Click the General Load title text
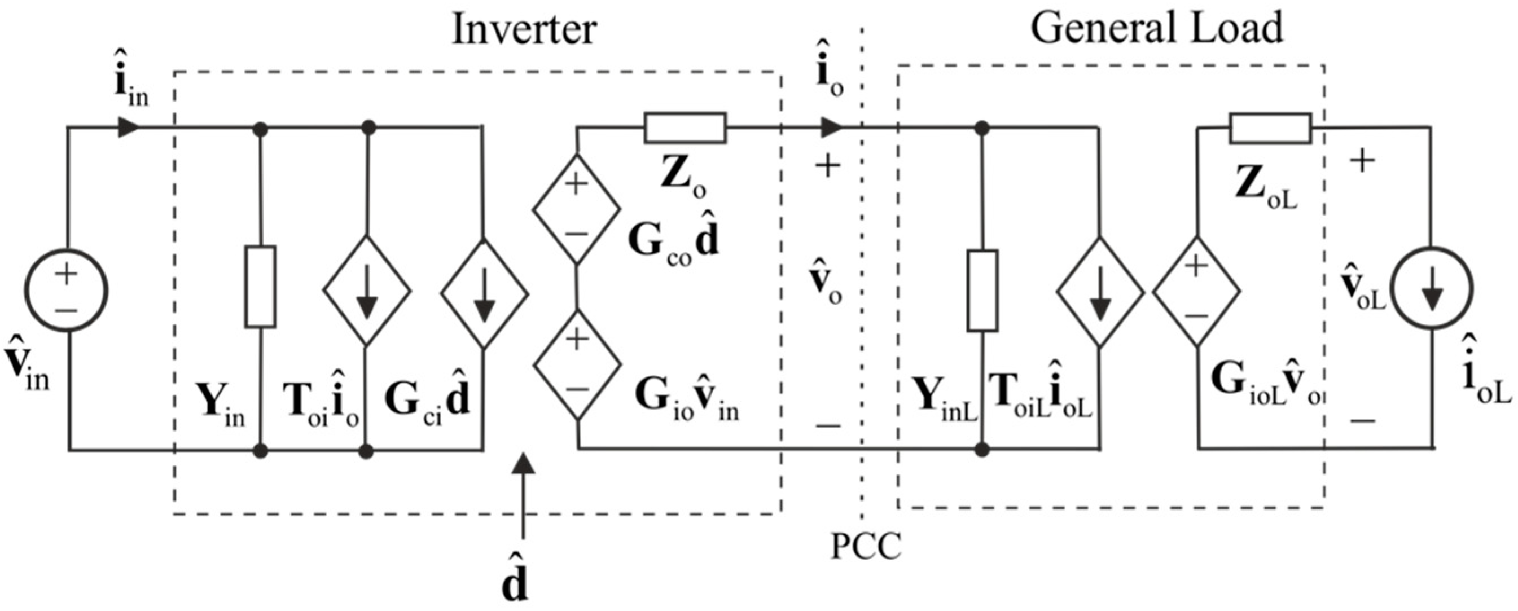(1156, 28)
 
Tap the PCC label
(865, 547)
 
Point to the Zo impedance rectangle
(685, 128)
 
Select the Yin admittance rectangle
(261, 287)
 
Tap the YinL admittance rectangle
(982, 291)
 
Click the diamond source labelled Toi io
(367, 291)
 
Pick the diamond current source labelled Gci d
(484, 292)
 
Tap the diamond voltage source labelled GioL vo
(1196, 291)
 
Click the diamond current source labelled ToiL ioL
(1099, 291)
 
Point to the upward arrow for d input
(522, 495)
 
